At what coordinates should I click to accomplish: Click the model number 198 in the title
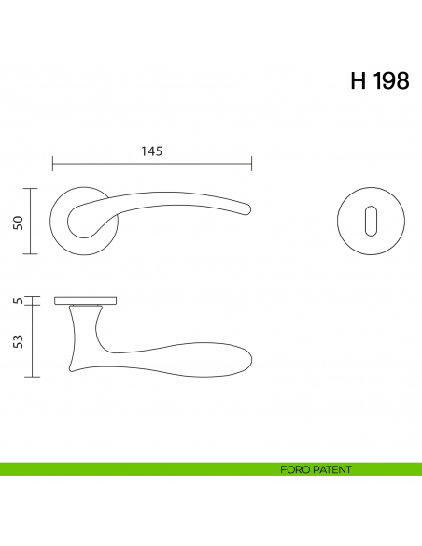(389, 81)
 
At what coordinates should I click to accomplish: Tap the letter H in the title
(358, 81)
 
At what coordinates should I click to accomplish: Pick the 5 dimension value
(18, 301)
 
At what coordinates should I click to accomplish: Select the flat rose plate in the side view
(85, 301)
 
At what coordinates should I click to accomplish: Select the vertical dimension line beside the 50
(34, 221)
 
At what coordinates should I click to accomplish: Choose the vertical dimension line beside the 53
(34, 340)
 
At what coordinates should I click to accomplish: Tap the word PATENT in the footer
(331, 469)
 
